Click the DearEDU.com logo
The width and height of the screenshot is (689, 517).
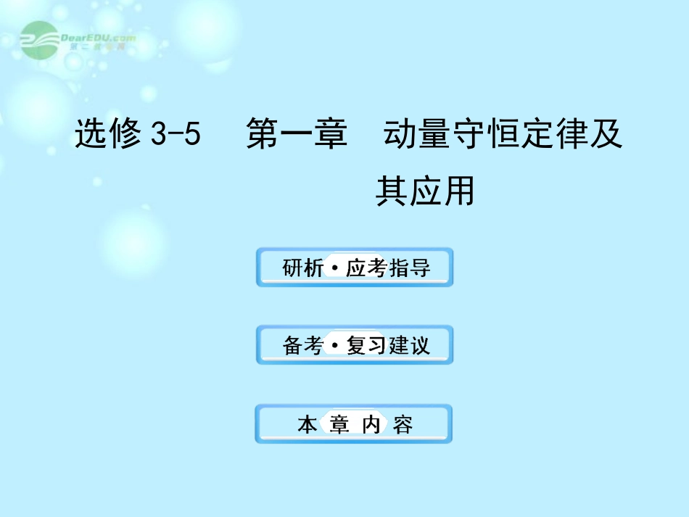click(76, 40)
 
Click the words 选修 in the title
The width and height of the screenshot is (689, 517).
click(109, 136)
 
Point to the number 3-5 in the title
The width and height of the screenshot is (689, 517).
click(175, 136)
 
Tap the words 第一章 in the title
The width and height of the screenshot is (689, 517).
click(297, 136)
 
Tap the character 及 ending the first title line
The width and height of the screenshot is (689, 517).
click(607, 136)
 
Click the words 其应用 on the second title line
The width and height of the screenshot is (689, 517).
click(425, 191)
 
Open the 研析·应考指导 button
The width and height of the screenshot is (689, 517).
click(355, 268)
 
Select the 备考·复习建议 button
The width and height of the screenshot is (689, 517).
click(355, 345)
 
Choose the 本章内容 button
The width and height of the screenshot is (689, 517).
click(355, 424)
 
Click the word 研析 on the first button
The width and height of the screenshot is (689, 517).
click(302, 268)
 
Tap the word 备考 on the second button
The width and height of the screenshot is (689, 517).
click(302, 346)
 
